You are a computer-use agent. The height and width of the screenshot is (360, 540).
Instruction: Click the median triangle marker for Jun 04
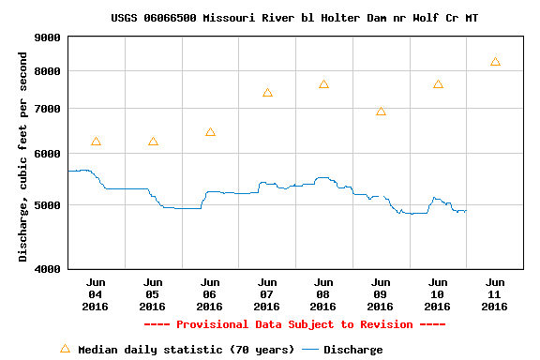coord(96,142)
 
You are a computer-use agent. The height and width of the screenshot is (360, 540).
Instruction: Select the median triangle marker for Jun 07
coord(267,92)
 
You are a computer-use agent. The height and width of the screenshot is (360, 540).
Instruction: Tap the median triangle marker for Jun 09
coord(381,112)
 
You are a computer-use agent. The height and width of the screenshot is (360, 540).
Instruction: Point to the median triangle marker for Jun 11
coord(495,62)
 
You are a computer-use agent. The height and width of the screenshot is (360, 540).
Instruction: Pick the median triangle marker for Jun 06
coord(210,132)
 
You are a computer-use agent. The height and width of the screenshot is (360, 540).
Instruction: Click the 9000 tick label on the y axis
coord(47,37)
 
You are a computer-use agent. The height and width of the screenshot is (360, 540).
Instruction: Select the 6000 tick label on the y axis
coord(47,154)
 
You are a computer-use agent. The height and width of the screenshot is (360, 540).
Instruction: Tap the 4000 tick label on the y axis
coord(47,269)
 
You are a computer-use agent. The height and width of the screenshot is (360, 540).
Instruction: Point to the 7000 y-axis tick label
coord(47,109)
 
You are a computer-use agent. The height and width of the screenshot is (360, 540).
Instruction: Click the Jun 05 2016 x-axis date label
coord(153,294)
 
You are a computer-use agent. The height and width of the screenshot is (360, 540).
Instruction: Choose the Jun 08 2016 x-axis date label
coord(323,294)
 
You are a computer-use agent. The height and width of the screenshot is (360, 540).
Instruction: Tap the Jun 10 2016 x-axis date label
coord(438,294)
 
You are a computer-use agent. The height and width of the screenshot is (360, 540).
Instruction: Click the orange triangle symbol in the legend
coord(65,349)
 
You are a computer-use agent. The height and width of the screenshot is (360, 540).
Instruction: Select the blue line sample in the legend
coord(310,350)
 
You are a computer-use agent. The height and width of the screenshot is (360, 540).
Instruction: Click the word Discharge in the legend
coord(353,350)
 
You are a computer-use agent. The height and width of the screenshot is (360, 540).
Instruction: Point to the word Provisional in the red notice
coord(212,324)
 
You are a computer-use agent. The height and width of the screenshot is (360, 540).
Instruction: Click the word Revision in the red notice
coord(386,324)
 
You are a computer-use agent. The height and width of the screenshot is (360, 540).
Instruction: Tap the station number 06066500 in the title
coord(170,18)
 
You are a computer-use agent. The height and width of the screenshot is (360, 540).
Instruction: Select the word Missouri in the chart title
coord(229,18)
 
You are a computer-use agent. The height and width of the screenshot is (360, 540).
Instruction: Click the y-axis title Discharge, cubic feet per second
coord(22,157)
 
